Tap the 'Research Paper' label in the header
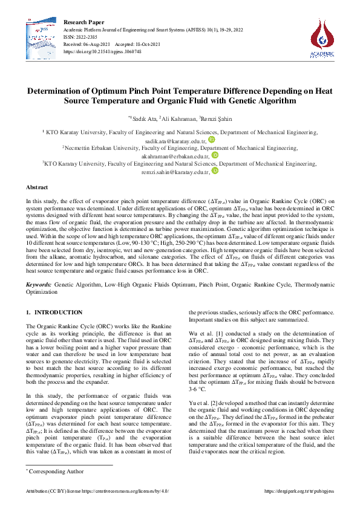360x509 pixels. [83, 22]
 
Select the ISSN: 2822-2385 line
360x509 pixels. [83, 37]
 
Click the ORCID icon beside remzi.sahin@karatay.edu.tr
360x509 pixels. [215, 171]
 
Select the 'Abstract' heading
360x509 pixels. [37, 189]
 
